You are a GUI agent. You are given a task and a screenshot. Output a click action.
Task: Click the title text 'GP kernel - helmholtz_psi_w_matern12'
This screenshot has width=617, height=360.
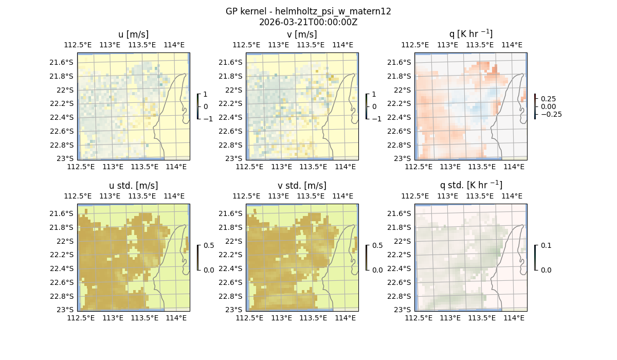pyautogui.click(x=308, y=11)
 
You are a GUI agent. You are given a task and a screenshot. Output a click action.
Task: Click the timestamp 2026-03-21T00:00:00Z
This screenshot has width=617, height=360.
pyautogui.click(x=308, y=22)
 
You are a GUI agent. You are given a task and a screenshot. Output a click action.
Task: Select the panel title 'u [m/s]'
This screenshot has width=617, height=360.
pyautogui.click(x=133, y=34)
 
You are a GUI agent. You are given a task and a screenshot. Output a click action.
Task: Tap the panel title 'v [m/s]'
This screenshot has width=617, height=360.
pyautogui.click(x=302, y=34)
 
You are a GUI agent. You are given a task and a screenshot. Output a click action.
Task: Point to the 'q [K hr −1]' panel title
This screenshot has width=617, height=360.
pyautogui.click(x=470, y=34)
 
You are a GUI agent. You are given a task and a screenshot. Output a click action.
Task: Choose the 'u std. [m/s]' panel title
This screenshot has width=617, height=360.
pyautogui.click(x=133, y=186)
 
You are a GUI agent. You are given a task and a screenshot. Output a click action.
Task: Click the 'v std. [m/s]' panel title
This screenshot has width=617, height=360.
pyautogui.click(x=302, y=186)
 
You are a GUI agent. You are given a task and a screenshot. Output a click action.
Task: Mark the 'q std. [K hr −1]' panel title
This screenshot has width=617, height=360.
pyautogui.click(x=470, y=185)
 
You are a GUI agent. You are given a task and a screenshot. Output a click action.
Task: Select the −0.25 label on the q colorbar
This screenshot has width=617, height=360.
pyautogui.click(x=551, y=114)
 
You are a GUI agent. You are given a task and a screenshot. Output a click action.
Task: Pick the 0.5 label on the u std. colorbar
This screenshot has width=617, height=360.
pyautogui.click(x=209, y=245)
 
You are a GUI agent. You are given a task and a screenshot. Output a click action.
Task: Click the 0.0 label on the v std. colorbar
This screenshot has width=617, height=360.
pyautogui.click(x=377, y=270)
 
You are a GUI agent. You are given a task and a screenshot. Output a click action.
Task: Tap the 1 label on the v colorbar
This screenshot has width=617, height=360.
pyautogui.click(x=374, y=94)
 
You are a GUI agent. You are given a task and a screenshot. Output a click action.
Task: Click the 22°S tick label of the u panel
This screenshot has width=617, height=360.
pyautogui.click(x=66, y=90)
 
